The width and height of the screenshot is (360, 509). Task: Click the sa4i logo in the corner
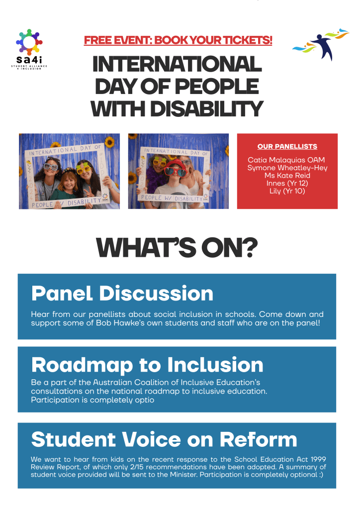(29, 49)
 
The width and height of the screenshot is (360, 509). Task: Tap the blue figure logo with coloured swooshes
(320, 44)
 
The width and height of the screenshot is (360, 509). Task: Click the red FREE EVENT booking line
(178, 40)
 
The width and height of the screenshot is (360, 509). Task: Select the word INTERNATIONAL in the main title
(177, 64)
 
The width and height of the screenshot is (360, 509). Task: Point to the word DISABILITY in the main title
(206, 109)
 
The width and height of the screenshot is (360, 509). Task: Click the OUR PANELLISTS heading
(287, 146)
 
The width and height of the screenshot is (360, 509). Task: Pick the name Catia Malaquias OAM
(286, 160)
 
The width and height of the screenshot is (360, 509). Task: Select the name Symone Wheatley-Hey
(287, 168)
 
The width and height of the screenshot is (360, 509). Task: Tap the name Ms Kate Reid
(287, 175)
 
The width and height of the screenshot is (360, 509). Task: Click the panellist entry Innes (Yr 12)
(287, 183)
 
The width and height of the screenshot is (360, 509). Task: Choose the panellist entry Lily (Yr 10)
(287, 191)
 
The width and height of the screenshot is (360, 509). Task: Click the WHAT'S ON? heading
(177, 248)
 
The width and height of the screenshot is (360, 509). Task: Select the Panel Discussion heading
(122, 294)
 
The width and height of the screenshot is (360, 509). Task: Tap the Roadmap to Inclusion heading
(147, 365)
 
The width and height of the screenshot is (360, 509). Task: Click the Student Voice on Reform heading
(164, 439)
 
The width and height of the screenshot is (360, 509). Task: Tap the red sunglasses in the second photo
(176, 171)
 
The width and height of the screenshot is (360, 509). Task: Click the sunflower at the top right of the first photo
(109, 141)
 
